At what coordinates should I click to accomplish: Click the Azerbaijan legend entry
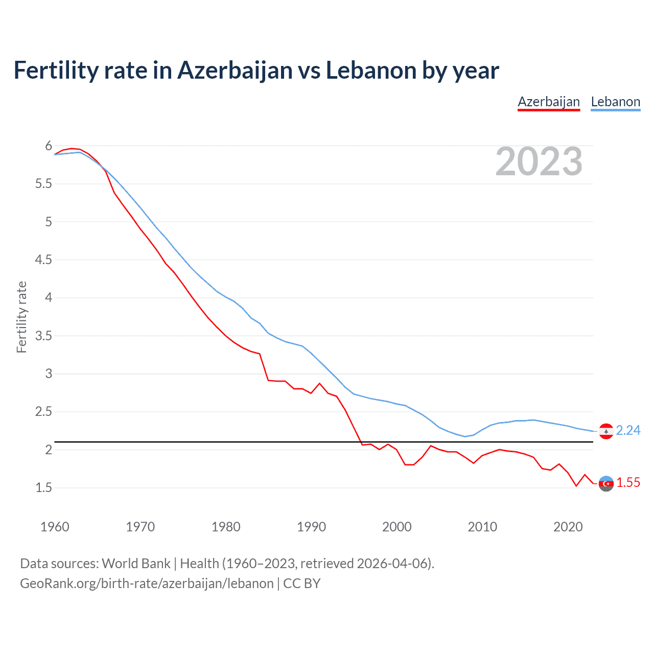(x=549, y=102)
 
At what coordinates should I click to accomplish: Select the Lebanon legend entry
(x=615, y=102)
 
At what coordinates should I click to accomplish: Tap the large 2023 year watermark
(x=539, y=161)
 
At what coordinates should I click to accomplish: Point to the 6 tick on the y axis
(x=49, y=146)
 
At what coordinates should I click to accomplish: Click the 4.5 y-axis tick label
(x=44, y=260)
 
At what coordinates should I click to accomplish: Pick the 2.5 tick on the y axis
(x=44, y=412)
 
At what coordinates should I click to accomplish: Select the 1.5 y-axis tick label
(x=44, y=488)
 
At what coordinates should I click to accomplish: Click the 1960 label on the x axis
(x=55, y=527)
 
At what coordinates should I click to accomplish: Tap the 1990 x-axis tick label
(x=311, y=527)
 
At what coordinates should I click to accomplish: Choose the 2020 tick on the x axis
(x=568, y=527)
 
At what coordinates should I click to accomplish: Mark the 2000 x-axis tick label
(x=397, y=527)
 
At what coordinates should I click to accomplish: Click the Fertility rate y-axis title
(x=21, y=317)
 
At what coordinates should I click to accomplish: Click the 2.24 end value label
(x=628, y=431)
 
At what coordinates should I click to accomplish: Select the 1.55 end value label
(x=628, y=482)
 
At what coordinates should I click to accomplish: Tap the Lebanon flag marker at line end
(x=606, y=431)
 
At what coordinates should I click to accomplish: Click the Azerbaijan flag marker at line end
(x=606, y=483)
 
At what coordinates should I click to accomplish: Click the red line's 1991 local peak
(x=320, y=383)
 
